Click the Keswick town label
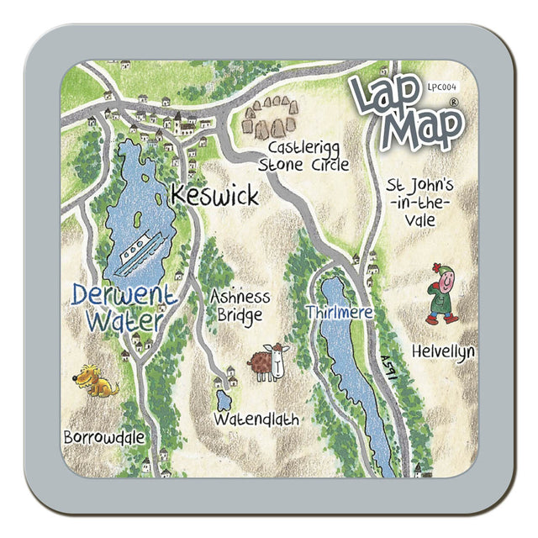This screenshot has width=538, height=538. tap(214, 195)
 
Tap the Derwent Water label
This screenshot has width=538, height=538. tap(124, 308)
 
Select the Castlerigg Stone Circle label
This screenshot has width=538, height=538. tap(303, 157)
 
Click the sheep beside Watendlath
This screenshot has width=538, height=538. tap(268, 362)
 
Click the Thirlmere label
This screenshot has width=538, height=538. tap(339, 313)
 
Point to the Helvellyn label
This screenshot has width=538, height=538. tap(443, 351)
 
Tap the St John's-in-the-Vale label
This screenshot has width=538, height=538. tap(420, 203)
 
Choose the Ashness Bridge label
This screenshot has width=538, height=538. tap(240, 306)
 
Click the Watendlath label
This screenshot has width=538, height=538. tap(256, 418)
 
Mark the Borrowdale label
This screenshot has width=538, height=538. tap(103, 437)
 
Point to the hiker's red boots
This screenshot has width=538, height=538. tap(441, 319)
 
